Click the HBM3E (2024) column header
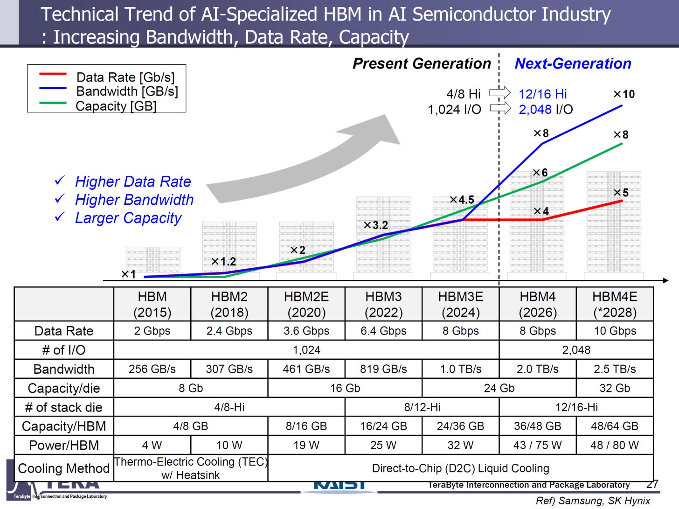[460, 304]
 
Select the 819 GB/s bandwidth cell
[383, 369]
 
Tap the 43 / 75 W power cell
[537, 445]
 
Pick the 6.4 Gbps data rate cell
[383, 331]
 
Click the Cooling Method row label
[64, 468]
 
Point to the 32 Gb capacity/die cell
[615, 388]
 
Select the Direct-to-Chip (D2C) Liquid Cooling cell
[460, 468]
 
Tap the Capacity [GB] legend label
[116, 106]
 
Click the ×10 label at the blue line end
[624, 94]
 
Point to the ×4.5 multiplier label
[462, 200]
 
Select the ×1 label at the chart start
[129, 274]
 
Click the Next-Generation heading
[573, 63]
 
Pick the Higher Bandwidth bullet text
[134, 200]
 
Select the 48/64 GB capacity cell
[615, 426]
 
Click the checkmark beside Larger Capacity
[60, 217]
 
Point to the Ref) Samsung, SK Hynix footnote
[593, 501]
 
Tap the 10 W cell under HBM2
[229, 445]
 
